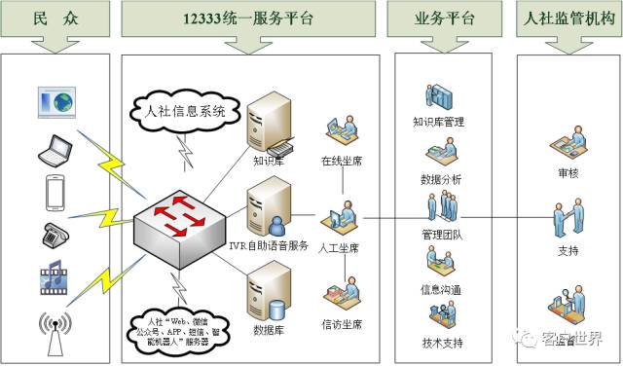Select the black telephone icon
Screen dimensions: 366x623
(x=55, y=234)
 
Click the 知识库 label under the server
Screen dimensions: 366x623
(x=268, y=161)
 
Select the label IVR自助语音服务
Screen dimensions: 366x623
(x=269, y=247)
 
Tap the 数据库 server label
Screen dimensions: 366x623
(x=268, y=330)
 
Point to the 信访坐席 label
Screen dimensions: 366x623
(x=342, y=324)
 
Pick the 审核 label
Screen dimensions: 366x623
(x=568, y=173)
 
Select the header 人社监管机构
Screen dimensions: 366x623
(x=567, y=17)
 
